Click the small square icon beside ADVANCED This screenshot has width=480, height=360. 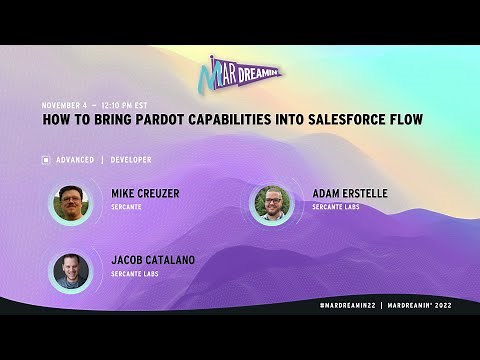[46, 160]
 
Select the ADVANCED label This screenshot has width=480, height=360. [75, 160]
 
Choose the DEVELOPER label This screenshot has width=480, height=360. [131, 160]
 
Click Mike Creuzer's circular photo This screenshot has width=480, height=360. [72, 204]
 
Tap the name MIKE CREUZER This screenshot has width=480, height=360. [145, 194]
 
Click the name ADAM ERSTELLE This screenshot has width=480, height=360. [348, 194]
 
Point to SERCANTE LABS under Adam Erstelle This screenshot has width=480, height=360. [335, 207]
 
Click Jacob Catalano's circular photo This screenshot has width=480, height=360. [72, 270]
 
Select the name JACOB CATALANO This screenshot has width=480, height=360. [153, 260]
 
